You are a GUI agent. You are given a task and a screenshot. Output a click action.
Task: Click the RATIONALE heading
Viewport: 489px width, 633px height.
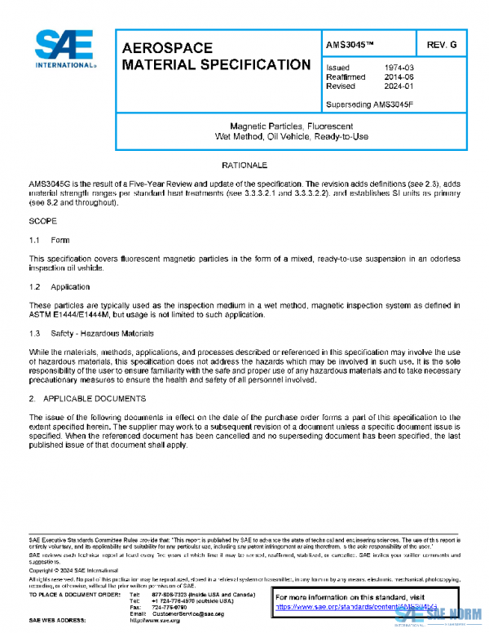click(244, 166)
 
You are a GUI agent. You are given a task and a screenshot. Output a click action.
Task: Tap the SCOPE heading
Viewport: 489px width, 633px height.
click(42, 221)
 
